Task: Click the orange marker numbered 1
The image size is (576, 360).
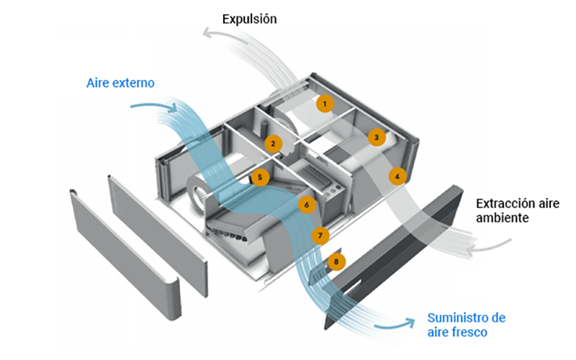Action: [x=325, y=104]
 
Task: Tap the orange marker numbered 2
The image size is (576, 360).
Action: [x=272, y=143]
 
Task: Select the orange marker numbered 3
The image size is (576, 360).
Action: [x=375, y=137]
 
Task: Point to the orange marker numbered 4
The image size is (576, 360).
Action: [x=397, y=175]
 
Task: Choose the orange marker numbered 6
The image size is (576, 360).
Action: [x=307, y=204]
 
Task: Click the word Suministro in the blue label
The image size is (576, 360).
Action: [x=458, y=318]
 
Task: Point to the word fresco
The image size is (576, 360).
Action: [x=470, y=332]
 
